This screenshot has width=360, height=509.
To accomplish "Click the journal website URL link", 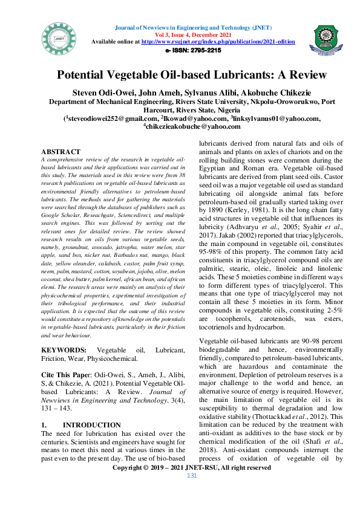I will [x=218, y=42].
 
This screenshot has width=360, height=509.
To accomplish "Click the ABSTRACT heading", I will [x=60, y=151].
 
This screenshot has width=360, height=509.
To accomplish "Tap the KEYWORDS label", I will [x=64, y=350].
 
